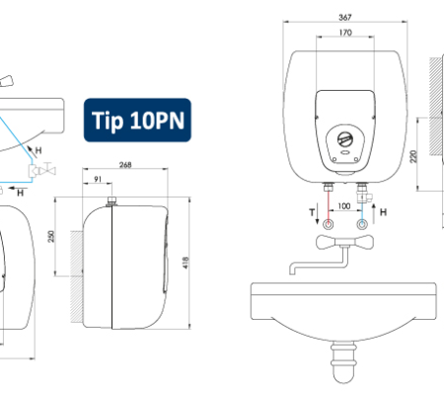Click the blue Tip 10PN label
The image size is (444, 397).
click(137, 120)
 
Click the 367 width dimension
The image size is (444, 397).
click(345, 17)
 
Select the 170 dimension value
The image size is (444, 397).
click(345, 33)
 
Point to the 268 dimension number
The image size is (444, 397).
click(125, 165)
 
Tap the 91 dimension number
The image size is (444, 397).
click(98, 179)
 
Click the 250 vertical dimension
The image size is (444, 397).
click(51, 236)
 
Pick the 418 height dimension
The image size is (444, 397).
click(185, 263)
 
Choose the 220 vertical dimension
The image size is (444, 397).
click(413, 156)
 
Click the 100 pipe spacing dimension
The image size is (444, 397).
click(344, 206)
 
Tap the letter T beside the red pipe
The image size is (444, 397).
click(312, 212)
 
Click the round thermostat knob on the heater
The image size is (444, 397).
click(345, 139)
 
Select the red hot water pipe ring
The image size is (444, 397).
click(329, 224)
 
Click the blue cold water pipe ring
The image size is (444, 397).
click(362, 224)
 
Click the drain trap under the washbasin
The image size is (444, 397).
click(343, 362)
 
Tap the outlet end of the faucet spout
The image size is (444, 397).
click(293, 272)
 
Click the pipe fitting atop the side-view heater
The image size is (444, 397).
click(112, 200)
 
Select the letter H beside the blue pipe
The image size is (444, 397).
click(383, 212)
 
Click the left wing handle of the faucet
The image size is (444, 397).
click(326, 242)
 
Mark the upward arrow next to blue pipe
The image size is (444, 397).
click(374, 214)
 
